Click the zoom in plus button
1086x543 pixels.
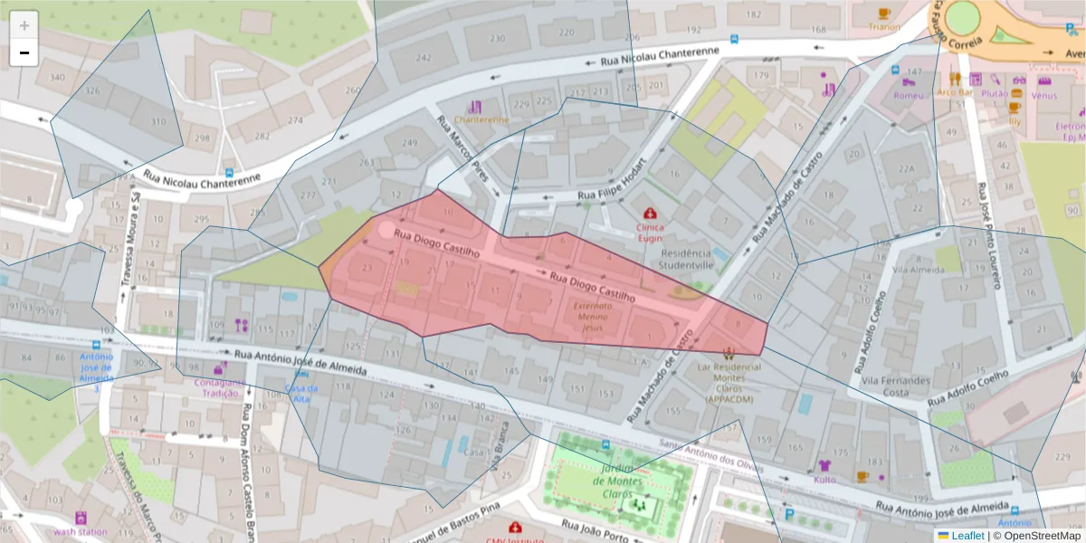pos(24,25)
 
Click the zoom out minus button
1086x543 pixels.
pos(24,52)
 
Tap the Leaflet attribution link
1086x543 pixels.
pos(967,536)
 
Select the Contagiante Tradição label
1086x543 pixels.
pos(220,387)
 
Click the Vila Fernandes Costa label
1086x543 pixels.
pos(895,386)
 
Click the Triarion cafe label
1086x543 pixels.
pos(884,27)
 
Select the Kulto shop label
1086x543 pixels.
pos(824,480)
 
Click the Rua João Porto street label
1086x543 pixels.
pos(595,525)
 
